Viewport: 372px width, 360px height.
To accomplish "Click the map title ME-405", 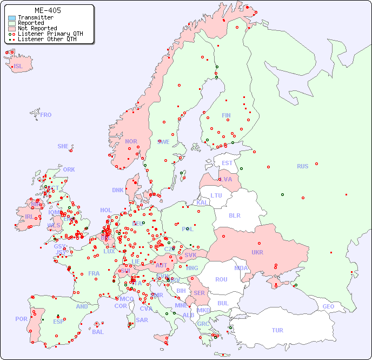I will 48,10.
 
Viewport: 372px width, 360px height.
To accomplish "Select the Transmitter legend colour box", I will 12,18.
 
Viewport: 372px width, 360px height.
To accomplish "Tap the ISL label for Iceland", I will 18,66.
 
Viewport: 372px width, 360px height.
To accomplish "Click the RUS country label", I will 302,166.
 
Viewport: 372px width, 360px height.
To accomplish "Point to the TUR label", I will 277,330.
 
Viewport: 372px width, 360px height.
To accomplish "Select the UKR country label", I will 257,252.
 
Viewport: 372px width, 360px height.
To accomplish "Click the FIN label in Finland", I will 226,115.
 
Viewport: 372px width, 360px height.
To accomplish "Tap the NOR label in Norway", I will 131,141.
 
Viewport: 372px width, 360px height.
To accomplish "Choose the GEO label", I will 328,306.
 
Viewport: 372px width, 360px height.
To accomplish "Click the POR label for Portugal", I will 21,319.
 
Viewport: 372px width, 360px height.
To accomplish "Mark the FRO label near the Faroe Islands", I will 45,115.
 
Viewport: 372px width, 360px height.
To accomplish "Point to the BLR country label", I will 234,215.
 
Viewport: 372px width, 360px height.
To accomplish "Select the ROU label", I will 221,279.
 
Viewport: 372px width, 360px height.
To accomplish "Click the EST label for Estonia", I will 227,163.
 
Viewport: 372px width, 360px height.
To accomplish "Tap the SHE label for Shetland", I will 63,146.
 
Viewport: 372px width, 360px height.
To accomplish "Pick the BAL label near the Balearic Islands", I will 97,332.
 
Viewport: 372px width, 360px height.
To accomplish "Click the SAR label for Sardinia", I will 142,320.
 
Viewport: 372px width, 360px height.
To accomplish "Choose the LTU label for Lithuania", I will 216,195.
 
